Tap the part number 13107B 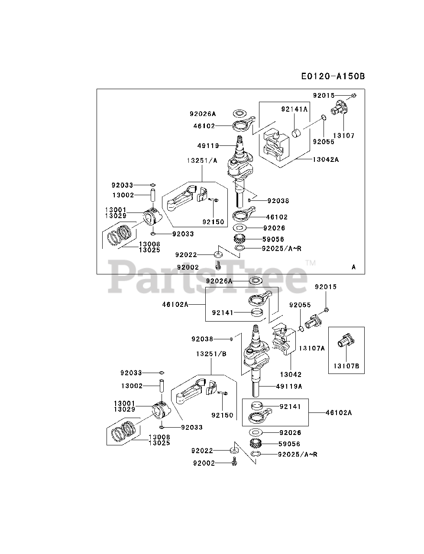click(346, 366)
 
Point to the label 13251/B click(211, 354)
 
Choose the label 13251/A click(202, 160)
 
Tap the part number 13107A click(311, 348)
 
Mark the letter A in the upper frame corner click(353, 267)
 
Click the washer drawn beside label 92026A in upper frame click(238, 113)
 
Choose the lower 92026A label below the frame click(219, 281)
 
